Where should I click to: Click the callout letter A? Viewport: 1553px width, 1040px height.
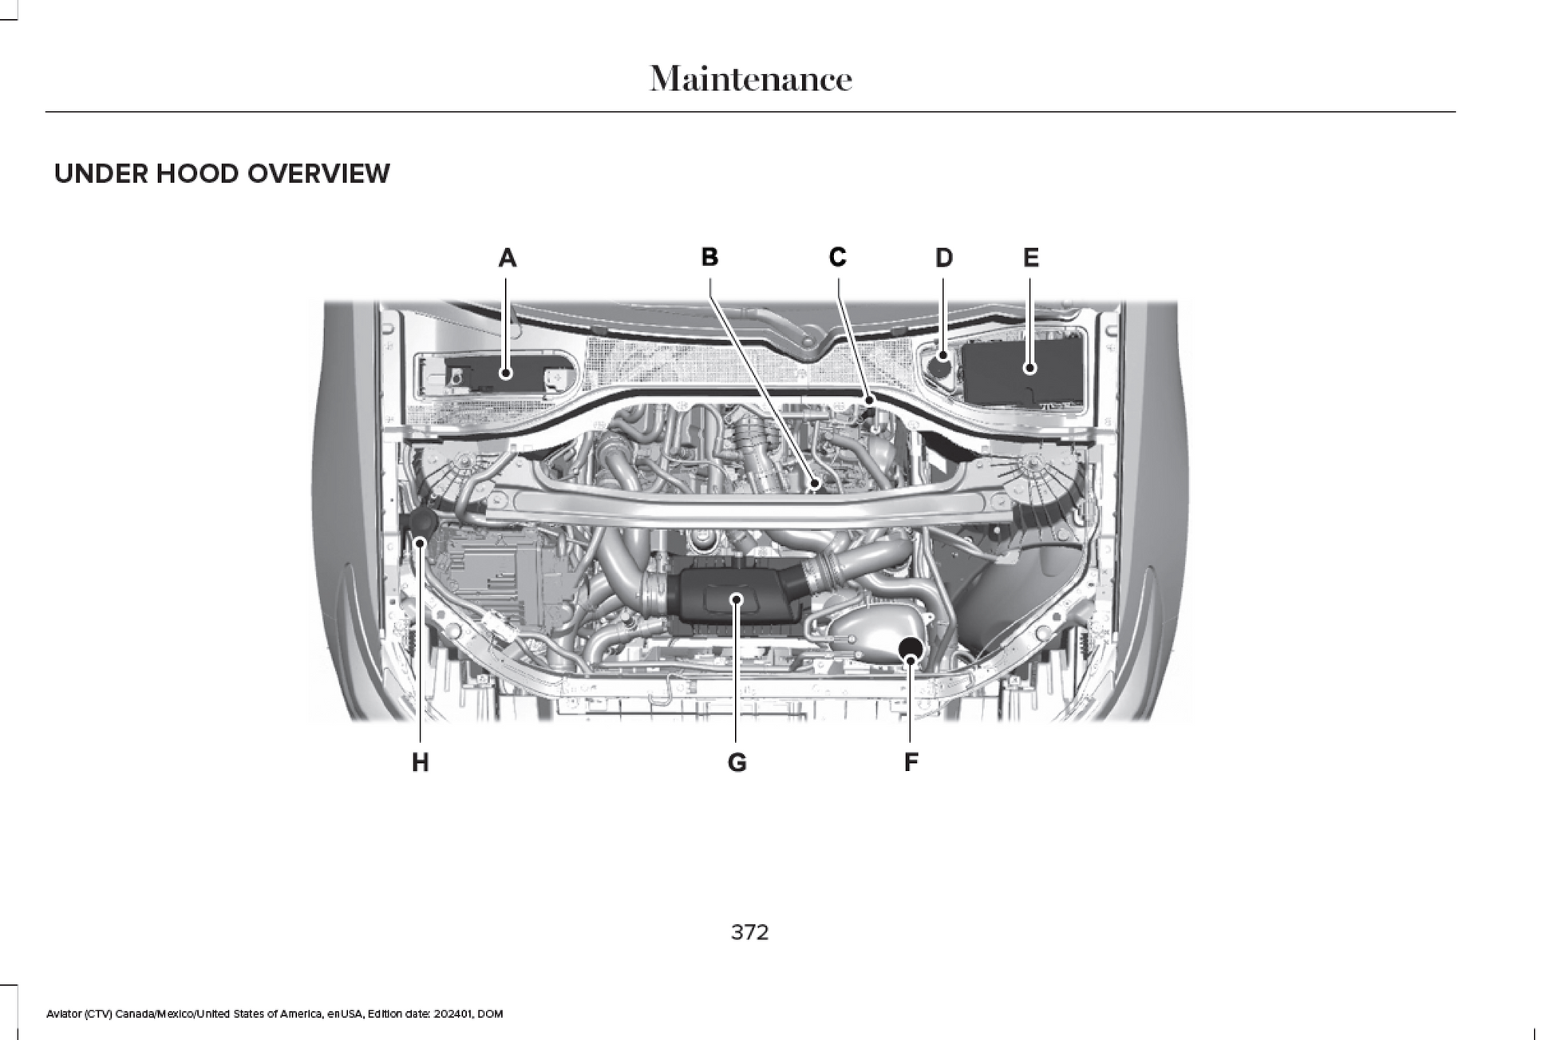click(507, 258)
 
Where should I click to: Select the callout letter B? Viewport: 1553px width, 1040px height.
click(709, 257)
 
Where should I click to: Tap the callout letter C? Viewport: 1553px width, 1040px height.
click(837, 257)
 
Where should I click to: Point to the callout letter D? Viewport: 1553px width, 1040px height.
click(943, 258)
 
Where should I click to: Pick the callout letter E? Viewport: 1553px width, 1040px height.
click(1030, 258)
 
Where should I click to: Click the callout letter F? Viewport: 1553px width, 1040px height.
click(911, 762)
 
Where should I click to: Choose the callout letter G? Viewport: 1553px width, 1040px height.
click(737, 763)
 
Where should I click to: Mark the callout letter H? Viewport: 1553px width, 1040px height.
click(420, 763)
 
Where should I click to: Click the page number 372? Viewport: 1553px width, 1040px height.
click(749, 932)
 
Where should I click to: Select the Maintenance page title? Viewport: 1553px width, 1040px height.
click(750, 79)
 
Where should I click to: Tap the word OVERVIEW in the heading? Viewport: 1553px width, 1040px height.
click(318, 174)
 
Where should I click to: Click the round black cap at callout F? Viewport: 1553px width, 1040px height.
click(911, 647)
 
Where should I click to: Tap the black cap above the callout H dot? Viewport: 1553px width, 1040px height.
click(421, 523)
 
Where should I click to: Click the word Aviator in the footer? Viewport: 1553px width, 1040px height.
click(63, 1014)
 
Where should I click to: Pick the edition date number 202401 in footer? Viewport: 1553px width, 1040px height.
click(452, 1014)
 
